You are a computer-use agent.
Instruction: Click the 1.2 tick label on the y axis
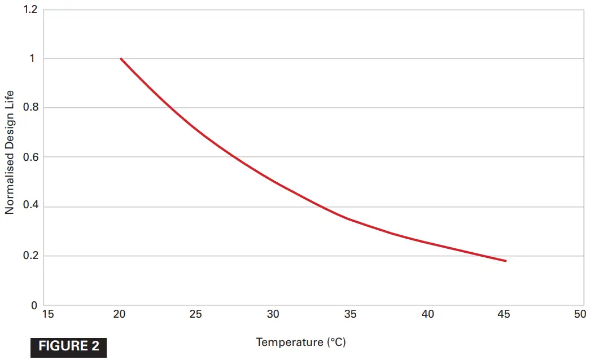29,10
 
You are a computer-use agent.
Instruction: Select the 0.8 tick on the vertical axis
29,108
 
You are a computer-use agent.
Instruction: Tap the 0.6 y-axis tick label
29,157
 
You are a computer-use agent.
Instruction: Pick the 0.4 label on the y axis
29,207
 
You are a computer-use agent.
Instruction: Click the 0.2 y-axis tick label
29,256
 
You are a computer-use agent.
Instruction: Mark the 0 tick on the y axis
34,305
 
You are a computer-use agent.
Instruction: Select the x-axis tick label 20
119,314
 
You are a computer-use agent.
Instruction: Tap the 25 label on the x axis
195,314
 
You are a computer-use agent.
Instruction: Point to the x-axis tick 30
273,314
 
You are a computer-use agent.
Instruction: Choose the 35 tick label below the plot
350,314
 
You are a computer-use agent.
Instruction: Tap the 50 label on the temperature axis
580,314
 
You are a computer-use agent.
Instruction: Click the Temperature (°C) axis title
300,342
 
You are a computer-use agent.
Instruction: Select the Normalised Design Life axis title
10,152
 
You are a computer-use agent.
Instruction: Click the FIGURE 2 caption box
68,346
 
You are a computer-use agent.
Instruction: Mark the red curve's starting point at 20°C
121,59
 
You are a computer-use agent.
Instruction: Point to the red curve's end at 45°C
506,261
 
